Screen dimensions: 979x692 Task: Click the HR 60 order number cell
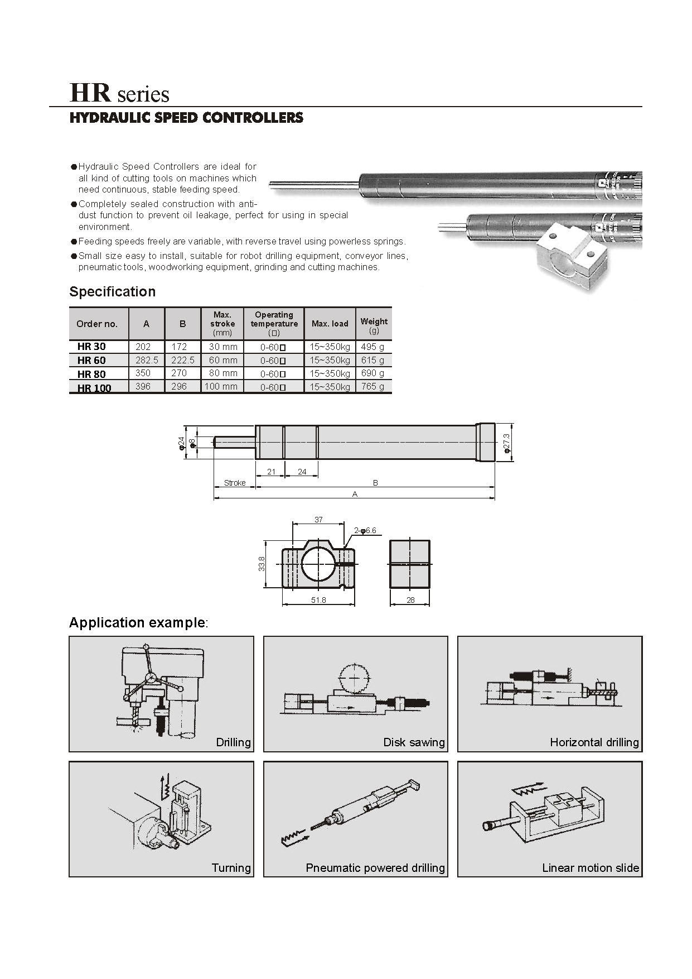click(91, 361)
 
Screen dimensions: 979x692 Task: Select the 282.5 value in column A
click(146, 361)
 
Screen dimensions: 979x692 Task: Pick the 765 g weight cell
click(372, 386)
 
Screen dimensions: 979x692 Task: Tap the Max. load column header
click(330, 324)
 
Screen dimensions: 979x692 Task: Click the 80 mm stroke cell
click(223, 373)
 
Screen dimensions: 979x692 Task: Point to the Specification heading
click(112, 292)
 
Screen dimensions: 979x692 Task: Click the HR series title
click(119, 93)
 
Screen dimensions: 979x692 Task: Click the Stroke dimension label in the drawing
click(234, 483)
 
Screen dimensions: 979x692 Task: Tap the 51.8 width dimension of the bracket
click(318, 600)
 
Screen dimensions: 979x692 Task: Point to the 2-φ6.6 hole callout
click(365, 530)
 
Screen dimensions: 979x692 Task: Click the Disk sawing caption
click(414, 742)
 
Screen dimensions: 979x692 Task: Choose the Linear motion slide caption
click(591, 868)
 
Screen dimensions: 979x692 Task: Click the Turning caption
click(231, 868)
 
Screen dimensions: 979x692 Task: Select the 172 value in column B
click(179, 347)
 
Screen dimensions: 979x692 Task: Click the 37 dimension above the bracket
click(318, 520)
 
